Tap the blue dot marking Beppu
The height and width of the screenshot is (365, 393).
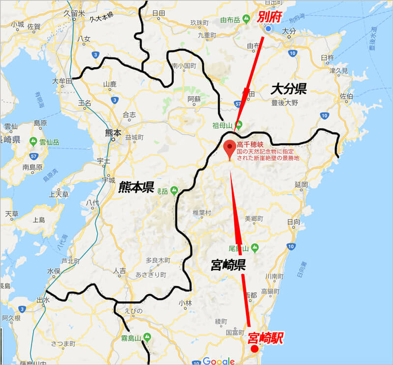pos(268,29)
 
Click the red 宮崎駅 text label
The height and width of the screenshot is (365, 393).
pos(266,338)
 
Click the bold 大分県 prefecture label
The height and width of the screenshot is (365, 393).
pos(289,89)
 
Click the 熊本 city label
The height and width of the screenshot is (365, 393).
pos(112,132)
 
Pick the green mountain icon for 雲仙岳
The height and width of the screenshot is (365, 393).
pos(33,142)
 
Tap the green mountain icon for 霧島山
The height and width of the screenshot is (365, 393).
pos(147,338)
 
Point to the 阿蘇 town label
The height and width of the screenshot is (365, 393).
pos(194,99)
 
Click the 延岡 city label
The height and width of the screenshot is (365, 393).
pos(301,184)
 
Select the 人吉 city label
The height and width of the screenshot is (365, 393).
pos(119,270)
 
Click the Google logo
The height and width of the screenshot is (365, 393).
pos(219,361)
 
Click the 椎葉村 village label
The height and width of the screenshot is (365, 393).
pos(202,212)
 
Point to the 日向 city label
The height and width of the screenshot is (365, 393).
pos(294,222)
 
